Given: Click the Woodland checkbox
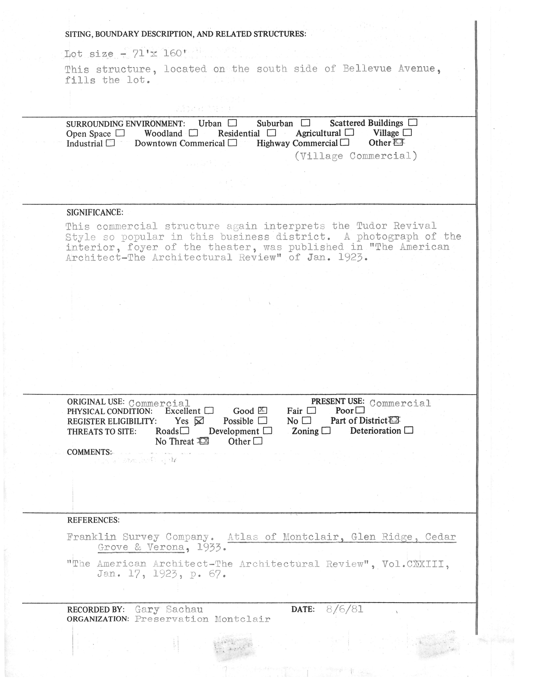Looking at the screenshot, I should click(x=193, y=133).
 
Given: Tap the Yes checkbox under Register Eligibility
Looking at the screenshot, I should click(x=199, y=421).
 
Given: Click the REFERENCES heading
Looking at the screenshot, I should click(x=93, y=520).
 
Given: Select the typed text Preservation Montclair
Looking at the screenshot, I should click(x=203, y=619).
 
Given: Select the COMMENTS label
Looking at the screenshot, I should click(x=89, y=452).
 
